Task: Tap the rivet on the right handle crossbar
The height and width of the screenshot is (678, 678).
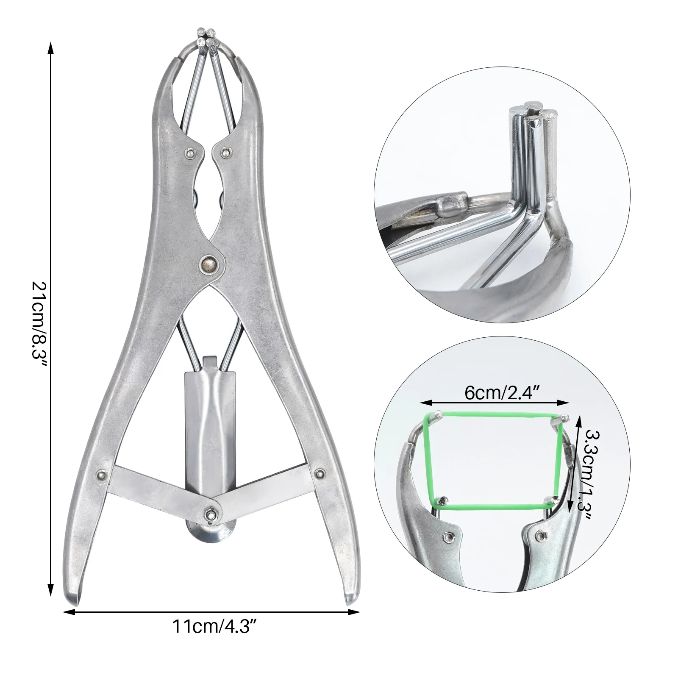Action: coord(320,472)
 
